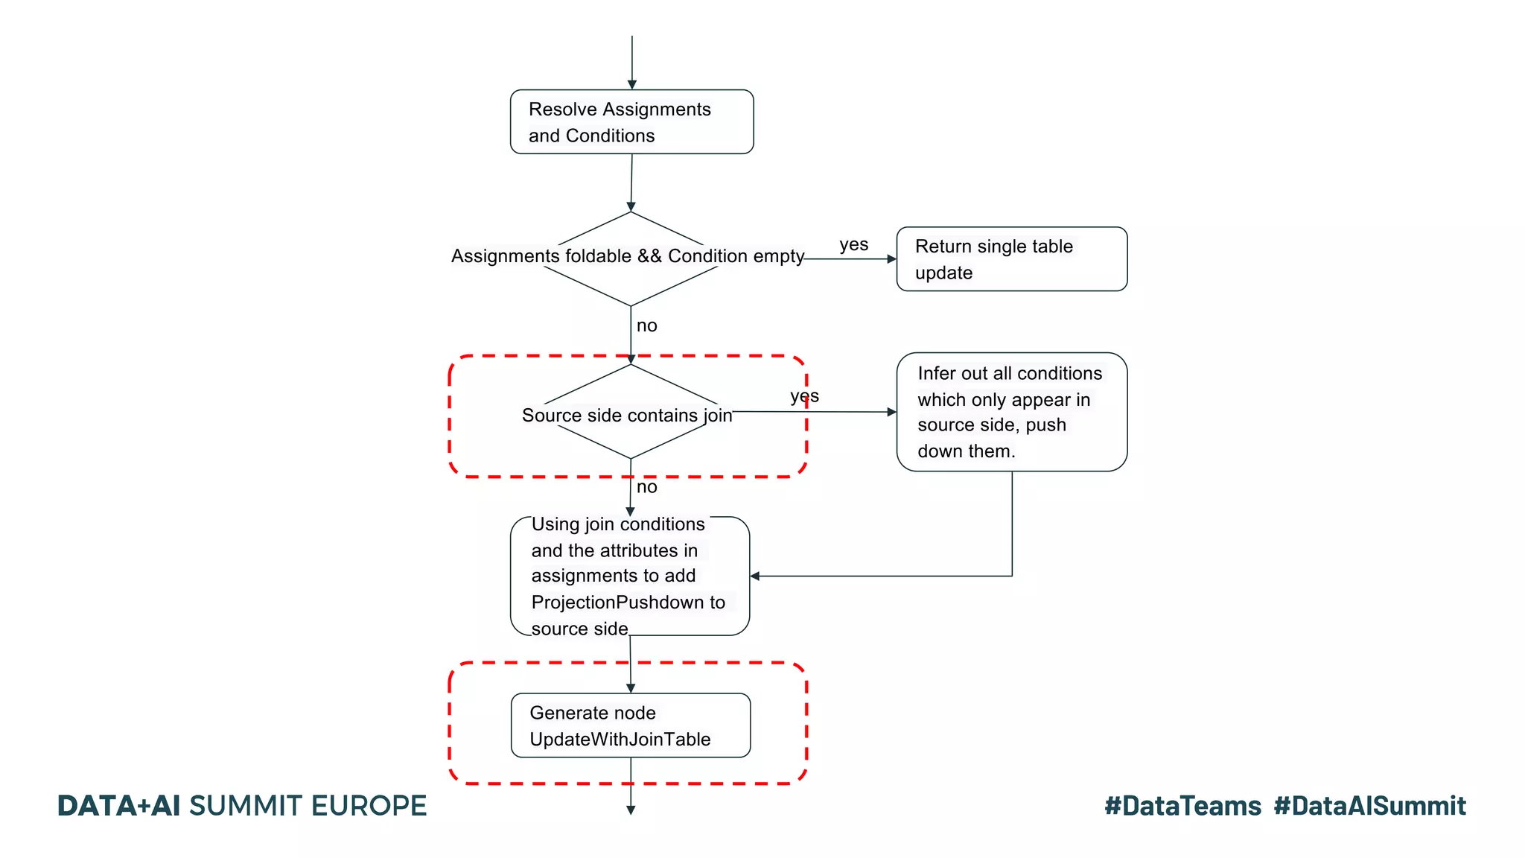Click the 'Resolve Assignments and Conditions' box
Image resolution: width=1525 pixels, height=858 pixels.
pos(631,122)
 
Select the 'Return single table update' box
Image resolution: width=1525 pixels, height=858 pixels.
pos(1011,259)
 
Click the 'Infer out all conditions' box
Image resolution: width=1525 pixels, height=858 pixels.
pos(1011,412)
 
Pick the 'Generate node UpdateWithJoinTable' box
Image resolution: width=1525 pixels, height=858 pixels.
pos(630,725)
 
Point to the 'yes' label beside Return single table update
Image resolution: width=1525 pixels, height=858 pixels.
pos(853,245)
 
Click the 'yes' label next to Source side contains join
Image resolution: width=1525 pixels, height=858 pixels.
pos(804,396)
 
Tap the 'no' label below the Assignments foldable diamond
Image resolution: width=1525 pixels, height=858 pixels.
pos(646,326)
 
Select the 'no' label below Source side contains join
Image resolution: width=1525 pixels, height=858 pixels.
pos(646,487)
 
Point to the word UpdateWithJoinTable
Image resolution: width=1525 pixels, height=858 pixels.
pos(620,740)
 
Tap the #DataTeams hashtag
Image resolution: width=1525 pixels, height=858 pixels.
pos(1182,806)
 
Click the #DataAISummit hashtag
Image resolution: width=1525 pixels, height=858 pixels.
pos(1369,806)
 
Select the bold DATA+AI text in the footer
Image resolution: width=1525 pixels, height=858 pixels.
pos(119,806)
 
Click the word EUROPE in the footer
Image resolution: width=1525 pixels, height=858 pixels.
pos(369,806)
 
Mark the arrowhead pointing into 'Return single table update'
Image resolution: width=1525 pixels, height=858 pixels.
pos(891,259)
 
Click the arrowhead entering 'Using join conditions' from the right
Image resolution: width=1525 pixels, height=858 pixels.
pos(755,576)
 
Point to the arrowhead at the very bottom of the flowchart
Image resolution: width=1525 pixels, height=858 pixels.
pos(631,810)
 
